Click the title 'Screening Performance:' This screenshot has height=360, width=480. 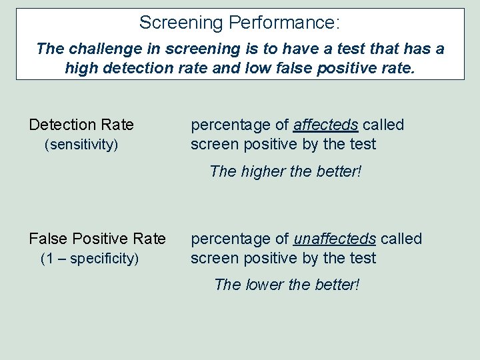tap(239, 23)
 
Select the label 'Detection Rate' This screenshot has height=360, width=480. tap(81, 125)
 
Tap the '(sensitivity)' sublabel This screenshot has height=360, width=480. tap(81, 145)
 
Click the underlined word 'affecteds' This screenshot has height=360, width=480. tap(326, 125)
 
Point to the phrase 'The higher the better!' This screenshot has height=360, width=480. tap(285, 171)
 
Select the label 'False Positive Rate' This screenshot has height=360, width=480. tap(97, 239)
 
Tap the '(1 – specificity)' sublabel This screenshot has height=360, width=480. tap(89, 259)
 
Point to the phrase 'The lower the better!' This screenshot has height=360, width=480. tap(287, 285)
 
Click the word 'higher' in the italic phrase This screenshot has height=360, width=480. tap(261, 171)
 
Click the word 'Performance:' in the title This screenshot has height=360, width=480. tap(284, 23)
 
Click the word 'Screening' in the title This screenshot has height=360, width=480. tap(181, 23)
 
